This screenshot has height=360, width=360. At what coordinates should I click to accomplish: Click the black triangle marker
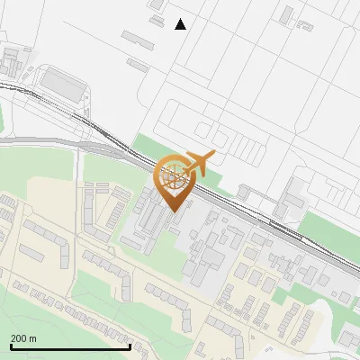pos(181,24)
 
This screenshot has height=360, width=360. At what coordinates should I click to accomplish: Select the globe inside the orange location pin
pos(173,175)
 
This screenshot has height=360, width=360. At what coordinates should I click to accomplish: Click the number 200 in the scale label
pos(20,339)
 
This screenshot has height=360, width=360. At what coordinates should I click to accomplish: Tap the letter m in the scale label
pos(33,339)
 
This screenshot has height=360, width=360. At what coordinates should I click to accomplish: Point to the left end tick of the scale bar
pos(12,345)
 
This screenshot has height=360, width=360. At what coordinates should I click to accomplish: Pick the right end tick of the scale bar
pos(130,345)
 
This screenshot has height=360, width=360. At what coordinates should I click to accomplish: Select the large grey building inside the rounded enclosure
pos(62,85)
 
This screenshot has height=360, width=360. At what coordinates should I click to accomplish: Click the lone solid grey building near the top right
pos(287,15)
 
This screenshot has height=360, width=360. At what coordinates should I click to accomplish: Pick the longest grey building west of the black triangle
pos(138,39)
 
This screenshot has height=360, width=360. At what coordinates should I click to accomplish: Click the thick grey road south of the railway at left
pos(45,141)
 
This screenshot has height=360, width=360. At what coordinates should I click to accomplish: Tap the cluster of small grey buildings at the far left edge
pos(11,61)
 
